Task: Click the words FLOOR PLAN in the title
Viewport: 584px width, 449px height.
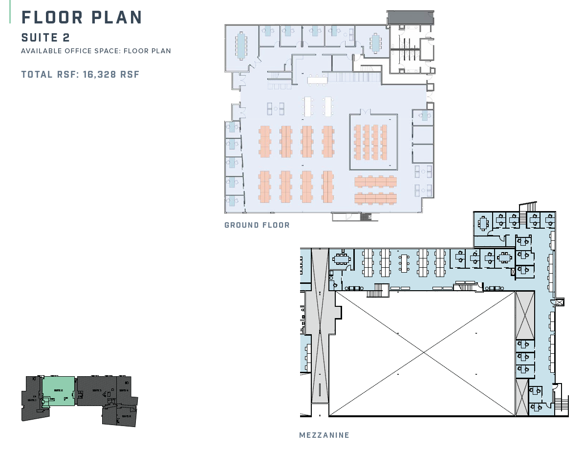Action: pos(82,17)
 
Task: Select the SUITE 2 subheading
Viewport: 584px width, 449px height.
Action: pos(45,38)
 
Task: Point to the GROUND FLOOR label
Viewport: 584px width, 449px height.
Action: pos(257,225)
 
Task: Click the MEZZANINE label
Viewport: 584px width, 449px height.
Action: pos(324,435)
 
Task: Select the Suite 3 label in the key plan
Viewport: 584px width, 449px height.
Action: pos(97,390)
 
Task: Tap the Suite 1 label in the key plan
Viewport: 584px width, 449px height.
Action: pos(32,400)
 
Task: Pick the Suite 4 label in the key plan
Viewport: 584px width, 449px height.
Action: pos(124,390)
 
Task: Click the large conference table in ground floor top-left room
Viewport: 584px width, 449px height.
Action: pos(241,45)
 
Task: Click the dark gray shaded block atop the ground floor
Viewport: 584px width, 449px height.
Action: pos(410,18)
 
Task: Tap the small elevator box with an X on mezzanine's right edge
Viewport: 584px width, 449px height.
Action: pos(560,302)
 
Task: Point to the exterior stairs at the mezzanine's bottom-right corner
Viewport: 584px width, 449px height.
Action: pos(562,405)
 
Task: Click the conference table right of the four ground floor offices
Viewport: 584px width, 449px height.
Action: pos(375,43)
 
